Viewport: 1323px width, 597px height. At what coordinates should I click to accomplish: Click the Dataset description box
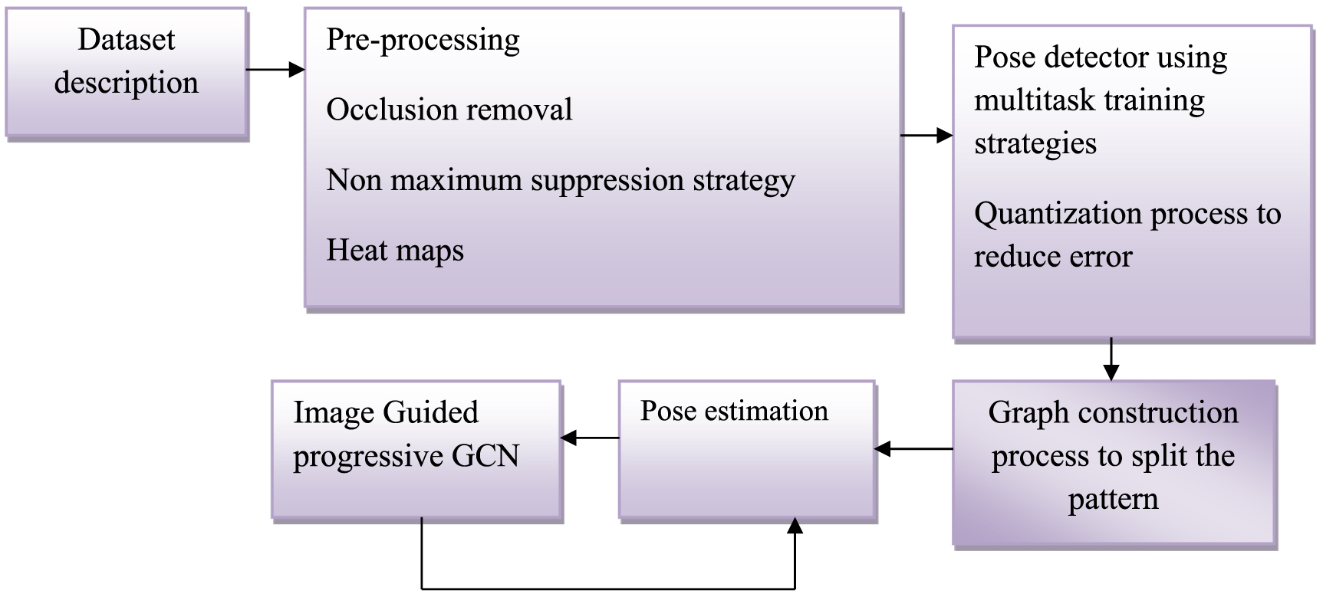point(127,73)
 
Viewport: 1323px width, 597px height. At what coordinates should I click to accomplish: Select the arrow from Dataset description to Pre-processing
point(275,70)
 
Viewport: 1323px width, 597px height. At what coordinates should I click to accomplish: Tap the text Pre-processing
point(423,41)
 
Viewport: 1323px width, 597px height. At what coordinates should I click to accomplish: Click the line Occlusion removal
point(449,110)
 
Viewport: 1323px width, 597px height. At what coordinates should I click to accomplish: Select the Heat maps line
point(395,251)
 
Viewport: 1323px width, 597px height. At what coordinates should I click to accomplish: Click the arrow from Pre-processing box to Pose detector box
point(926,136)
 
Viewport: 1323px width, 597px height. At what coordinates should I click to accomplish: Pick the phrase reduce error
point(1052,257)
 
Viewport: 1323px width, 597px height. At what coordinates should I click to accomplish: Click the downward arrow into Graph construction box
point(1111,359)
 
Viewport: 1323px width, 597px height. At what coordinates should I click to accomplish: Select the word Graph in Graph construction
point(1017,412)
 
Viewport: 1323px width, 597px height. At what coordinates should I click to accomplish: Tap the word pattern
point(1113,499)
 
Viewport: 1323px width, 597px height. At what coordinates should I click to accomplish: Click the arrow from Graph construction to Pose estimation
point(913,448)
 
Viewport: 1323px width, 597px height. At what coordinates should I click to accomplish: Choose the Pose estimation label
point(734,412)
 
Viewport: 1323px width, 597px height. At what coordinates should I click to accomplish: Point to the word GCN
point(485,456)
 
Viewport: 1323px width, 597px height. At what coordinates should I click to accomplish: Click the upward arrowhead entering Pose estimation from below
point(795,526)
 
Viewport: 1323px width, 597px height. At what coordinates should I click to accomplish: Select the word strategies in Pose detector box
point(1035,143)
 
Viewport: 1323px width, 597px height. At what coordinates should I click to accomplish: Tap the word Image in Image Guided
point(331,412)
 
